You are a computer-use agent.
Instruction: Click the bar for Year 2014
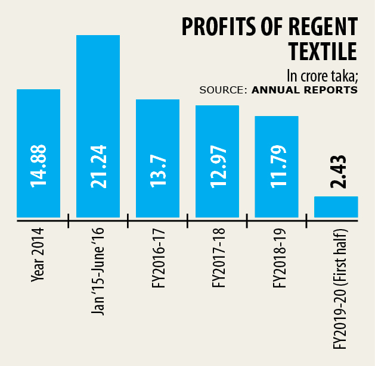[x=38, y=119]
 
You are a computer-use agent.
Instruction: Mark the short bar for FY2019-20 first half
[x=336, y=207]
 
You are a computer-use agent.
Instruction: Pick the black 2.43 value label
[x=336, y=173]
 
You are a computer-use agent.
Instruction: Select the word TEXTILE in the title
[x=323, y=52]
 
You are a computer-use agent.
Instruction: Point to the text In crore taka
[x=322, y=76]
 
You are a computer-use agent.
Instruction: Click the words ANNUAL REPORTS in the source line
[x=305, y=90]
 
